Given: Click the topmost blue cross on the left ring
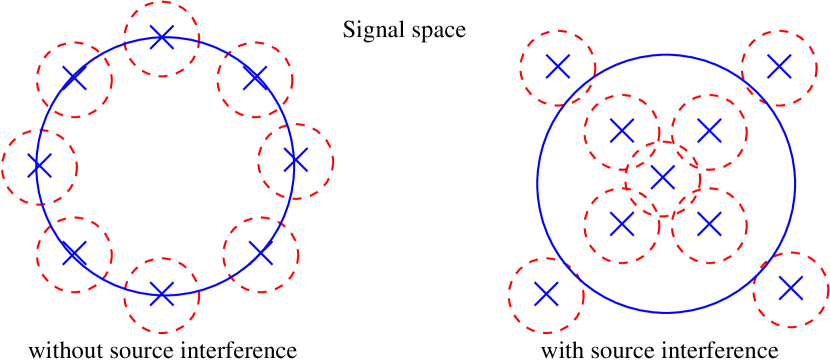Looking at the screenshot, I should (162, 38).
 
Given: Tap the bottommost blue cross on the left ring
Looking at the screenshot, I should (162, 294).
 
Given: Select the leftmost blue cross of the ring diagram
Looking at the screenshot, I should (39, 166).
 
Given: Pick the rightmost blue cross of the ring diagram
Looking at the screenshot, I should (295, 160).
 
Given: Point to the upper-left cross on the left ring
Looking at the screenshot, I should (74, 78).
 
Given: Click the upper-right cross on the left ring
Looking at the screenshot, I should (255, 78).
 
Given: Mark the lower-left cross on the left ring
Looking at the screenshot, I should (74, 254).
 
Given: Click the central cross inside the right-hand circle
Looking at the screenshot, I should (662, 178).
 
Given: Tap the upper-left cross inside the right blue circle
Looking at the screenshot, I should (622, 131).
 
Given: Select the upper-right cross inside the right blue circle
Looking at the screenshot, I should (709, 131).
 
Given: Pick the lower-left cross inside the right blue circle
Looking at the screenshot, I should (622, 225).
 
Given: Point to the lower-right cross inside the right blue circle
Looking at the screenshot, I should (709, 225).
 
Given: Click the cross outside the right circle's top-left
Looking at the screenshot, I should (558, 67).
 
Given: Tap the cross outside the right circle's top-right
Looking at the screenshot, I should (779, 67).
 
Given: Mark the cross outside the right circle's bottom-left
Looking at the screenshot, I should (546, 294).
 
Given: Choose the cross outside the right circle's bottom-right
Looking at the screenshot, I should (791, 289).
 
